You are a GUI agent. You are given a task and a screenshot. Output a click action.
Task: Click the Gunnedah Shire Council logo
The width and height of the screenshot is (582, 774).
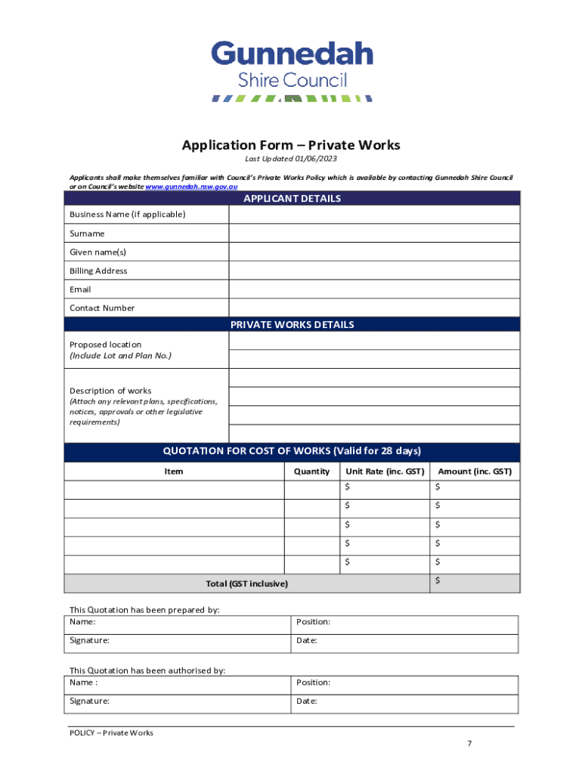point(291,72)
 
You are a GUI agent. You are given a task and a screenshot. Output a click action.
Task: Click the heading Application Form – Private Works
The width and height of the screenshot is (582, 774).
point(291,145)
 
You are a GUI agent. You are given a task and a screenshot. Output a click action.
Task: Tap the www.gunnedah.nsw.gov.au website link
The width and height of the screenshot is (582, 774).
point(191,186)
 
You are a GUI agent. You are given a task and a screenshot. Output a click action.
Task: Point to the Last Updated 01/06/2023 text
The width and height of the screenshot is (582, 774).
point(291,159)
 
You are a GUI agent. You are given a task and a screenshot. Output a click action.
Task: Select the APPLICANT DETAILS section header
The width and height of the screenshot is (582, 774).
point(291,199)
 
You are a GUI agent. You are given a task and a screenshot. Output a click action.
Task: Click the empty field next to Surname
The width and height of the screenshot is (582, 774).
point(373,234)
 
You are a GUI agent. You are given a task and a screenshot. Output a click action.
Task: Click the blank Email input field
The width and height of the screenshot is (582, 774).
point(373,289)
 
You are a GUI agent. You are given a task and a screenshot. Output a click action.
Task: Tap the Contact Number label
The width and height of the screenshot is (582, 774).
point(102,308)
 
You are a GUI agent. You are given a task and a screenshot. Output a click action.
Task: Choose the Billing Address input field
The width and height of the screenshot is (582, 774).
point(373,271)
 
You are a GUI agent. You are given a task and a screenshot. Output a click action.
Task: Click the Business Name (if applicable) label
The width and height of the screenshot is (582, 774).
point(127,215)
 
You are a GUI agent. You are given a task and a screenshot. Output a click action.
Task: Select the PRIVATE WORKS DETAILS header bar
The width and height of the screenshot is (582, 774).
point(291,325)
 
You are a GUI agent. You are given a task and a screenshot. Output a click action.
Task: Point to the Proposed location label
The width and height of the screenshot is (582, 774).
point(106,345)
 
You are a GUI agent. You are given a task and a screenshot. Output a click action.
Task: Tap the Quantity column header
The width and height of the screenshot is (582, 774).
point(311,472)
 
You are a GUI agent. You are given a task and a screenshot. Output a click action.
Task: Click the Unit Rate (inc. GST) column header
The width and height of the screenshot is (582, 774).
point(385,472)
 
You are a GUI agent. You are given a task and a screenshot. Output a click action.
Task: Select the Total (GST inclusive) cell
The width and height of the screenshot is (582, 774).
point(247,584)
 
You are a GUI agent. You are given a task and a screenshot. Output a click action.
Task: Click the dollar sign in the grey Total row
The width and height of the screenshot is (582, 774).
point(438,580)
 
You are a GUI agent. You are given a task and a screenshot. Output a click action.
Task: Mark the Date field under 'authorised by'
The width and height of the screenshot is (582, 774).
point(404,701)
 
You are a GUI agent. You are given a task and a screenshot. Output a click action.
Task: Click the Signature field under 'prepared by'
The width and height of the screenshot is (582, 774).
point(177,640)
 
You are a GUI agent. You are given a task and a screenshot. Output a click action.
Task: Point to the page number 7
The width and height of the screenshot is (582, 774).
point(469,744)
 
